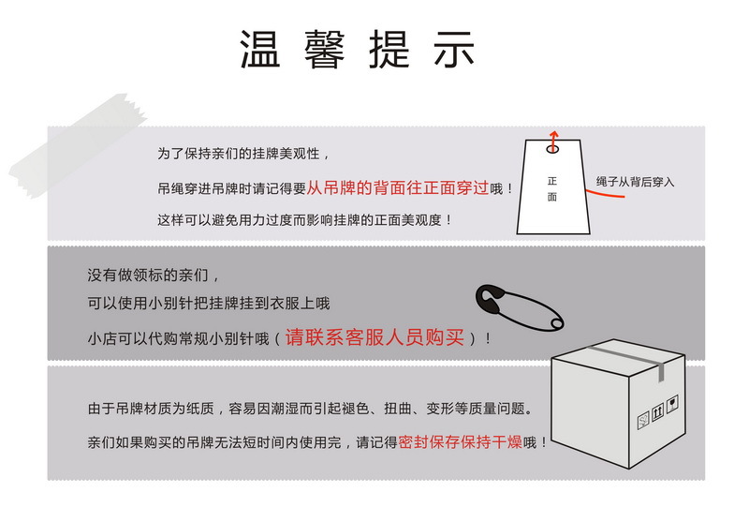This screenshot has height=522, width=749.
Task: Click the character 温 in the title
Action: point(259,50)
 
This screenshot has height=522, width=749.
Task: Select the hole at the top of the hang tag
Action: point(552,147)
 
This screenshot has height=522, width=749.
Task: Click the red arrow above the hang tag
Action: point(552,137)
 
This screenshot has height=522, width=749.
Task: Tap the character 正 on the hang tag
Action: point(552,180)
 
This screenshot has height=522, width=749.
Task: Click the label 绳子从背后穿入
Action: point(635,182)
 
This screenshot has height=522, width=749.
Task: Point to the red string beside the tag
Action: point(590,190)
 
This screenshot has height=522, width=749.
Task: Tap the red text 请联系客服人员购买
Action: point(374,337)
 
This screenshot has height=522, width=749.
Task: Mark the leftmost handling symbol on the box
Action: point(643,418)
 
